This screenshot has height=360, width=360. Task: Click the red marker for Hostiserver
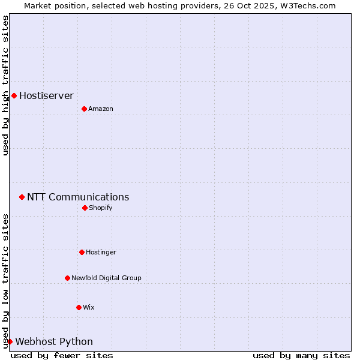[x=14, y=95]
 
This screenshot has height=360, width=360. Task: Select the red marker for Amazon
[x=84, y=109]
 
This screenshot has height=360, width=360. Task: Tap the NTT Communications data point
[x=22, y=197]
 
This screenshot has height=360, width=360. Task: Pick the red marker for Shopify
[x=85, y=208]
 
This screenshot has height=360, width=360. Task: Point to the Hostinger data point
[x=82, y=252]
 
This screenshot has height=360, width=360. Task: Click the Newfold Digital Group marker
[x=67, y=278]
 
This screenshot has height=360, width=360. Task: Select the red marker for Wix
[x=79, y=307]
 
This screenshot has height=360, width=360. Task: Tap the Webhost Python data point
[x=10, y=341]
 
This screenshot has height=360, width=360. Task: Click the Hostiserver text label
[x=46, y=95]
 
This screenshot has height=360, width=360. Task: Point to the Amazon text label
[x=101, y=109]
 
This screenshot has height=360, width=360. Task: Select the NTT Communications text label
[x=78, y=197]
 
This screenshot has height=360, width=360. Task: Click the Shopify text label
[x=100, y=208]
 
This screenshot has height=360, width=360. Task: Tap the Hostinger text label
[x=101, y=252]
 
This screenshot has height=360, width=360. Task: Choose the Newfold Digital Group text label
[x=106, y=278]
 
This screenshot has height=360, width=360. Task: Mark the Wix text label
[x=88, y=307]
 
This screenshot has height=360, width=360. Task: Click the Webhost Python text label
[x=54, y=341]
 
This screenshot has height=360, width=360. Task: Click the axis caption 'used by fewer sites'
[x=62, y=355]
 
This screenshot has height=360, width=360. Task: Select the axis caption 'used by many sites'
[x=301, y=355]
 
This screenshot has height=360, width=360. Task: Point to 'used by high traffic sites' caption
[x=5, y=85]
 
